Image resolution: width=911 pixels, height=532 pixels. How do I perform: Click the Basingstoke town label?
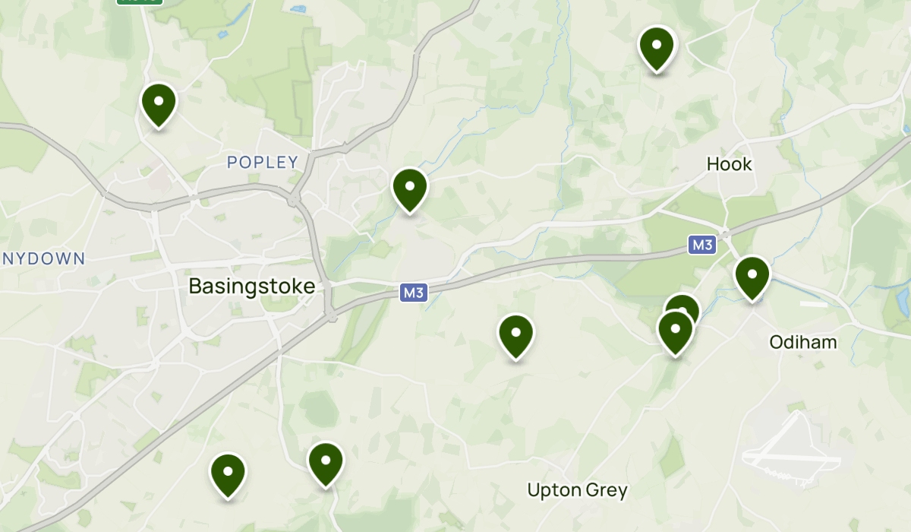point(251,287)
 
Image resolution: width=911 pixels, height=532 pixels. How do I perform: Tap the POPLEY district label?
point(263,162)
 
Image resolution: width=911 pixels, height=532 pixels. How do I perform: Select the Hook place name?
point(729,163)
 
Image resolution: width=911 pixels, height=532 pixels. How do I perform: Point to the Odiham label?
point(803,342)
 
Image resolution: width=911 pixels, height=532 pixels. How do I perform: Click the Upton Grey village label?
point(577,490)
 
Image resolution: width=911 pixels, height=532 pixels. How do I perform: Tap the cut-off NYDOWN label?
point(43,259)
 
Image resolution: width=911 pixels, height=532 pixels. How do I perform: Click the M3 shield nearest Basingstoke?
point(414,293)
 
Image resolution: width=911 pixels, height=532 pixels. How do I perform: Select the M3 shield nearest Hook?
point(702,245)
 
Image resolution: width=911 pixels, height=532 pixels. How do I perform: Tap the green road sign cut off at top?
point(140,2)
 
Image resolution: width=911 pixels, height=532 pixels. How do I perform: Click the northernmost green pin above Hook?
point(657,47)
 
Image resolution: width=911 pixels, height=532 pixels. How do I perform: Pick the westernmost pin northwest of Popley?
point(159,103)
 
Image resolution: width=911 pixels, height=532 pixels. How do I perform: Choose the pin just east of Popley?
point(409,189)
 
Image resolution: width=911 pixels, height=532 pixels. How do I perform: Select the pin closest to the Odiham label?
point(752,277)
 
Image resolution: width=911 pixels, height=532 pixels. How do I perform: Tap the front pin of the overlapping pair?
point(675,332)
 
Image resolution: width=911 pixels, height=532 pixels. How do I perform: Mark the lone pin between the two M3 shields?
point(515,336)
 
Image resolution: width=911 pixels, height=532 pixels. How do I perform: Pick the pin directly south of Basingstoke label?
point(228,474)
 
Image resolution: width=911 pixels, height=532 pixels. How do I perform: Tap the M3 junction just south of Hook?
point(726,233)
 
